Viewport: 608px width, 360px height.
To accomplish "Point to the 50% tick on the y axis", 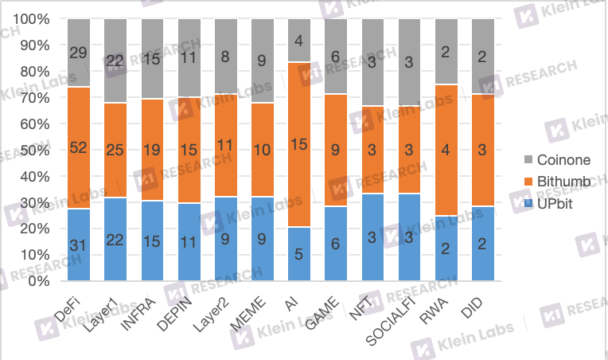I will click(x=39, y=150).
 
